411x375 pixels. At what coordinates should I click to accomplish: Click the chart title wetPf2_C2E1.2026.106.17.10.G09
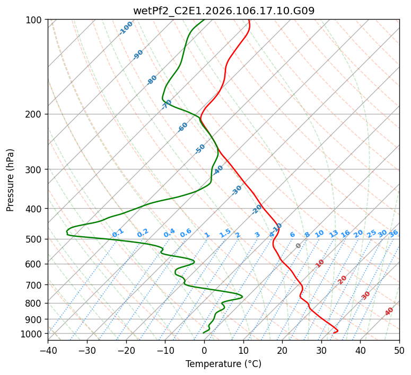(223, 11)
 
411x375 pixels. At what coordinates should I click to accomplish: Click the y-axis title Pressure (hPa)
(11, 180)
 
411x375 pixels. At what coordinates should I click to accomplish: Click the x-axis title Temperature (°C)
(223, 364)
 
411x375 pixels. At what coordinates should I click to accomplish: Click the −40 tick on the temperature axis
(48, 350)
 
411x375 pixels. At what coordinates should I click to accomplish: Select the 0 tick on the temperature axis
(204, 350)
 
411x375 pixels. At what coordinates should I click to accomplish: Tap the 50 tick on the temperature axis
(399, 350)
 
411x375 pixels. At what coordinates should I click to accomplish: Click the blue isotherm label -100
(126, 28)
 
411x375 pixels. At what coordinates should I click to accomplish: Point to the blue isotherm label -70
(167, 104)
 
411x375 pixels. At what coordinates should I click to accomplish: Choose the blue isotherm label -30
(237, 190)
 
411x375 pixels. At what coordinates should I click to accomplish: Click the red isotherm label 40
(389, 311)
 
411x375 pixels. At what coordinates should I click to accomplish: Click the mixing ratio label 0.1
(118, 233)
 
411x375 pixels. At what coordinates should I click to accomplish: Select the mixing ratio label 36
(393, 233)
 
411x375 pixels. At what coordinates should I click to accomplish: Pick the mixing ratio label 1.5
(225, 233)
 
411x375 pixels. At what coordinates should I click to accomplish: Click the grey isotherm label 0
(299, 246)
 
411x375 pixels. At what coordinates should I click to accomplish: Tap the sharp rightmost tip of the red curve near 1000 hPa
(338, 331)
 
